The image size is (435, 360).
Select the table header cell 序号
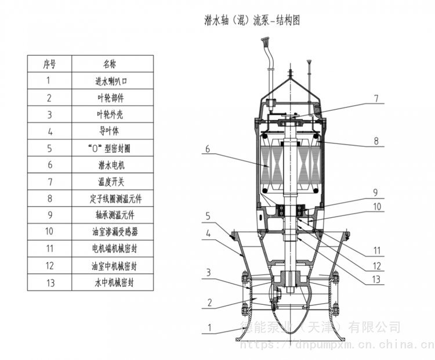pyautogui.click(x=49, y=63)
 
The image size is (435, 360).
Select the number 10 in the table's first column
pyautogui.click(x=49, y=232)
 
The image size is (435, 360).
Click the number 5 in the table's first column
pyautogui.click(x=49, y=148)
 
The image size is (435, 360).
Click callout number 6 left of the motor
pyautogui.click(x=206, y=149)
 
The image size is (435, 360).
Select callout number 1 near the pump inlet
pyautogui.click(x=211, y=327)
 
